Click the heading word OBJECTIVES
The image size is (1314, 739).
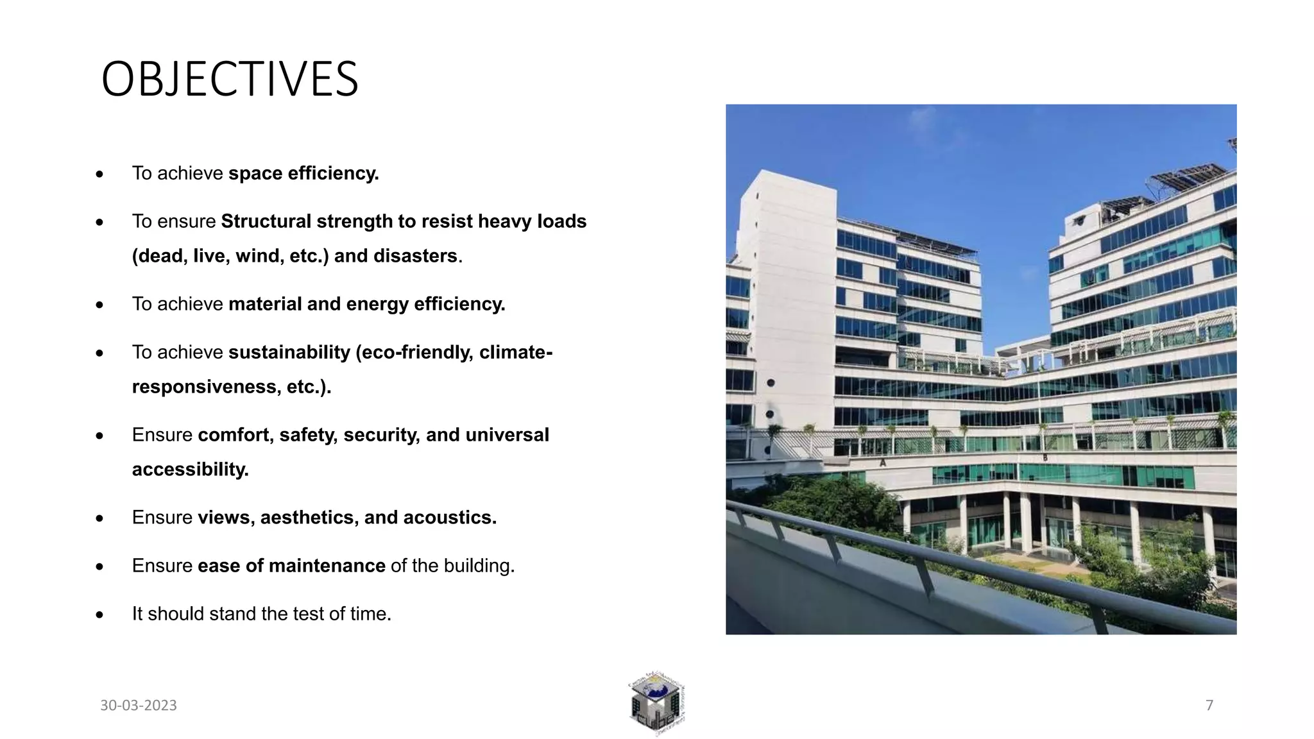pyautogui.click(x=230, y=80)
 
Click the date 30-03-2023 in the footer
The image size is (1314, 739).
pyautogui.click(x=139, y=706)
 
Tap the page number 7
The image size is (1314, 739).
pyautogui.click(x=1209, y=706)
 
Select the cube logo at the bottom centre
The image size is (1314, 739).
pyautogui.click(x=656, y=704)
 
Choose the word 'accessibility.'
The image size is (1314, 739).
pyautogui.click(x=190, y=470)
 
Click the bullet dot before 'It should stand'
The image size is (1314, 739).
pyautogui.click(x=99, y=615)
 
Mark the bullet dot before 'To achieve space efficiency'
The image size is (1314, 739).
pyautogui.click(x=99, y=174)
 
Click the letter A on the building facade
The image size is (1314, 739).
pyautogui.click(x=883, y=463)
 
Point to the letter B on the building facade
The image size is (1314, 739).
pyautogui.click(x=1045, y=457)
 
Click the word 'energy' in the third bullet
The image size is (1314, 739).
pyautogui.click(x=368, y=304)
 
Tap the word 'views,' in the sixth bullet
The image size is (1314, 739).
pyautogui.click(x=226, y=518)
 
